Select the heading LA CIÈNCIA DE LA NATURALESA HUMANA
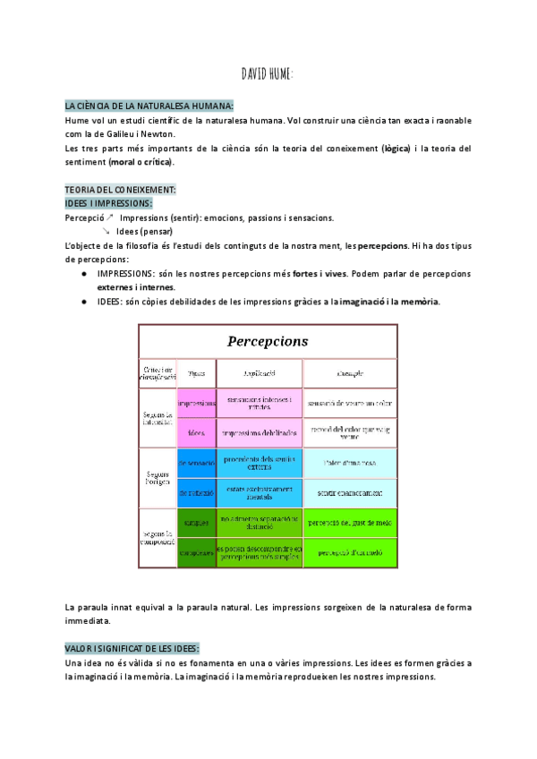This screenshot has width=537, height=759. tap(149, 106)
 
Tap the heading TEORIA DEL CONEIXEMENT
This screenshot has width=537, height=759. tap(121, 190)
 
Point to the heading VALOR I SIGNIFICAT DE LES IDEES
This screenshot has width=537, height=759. tap(132, 647)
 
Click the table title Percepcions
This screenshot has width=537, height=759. tap(267, 341)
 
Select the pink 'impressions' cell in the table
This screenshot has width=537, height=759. tap(197, 403)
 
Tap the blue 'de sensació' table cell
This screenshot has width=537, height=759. tap(197, 463)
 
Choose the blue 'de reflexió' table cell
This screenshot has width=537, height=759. tap(197, 492)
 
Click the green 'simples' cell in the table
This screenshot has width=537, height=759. tap(197, 522)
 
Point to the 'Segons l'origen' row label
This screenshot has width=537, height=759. tap(157, 477)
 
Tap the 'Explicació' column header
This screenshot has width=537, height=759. tap(260, 372)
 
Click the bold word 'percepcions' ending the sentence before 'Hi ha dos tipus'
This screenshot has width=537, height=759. tap(383, 244)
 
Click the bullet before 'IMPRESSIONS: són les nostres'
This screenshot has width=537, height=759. tap(83, 273)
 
